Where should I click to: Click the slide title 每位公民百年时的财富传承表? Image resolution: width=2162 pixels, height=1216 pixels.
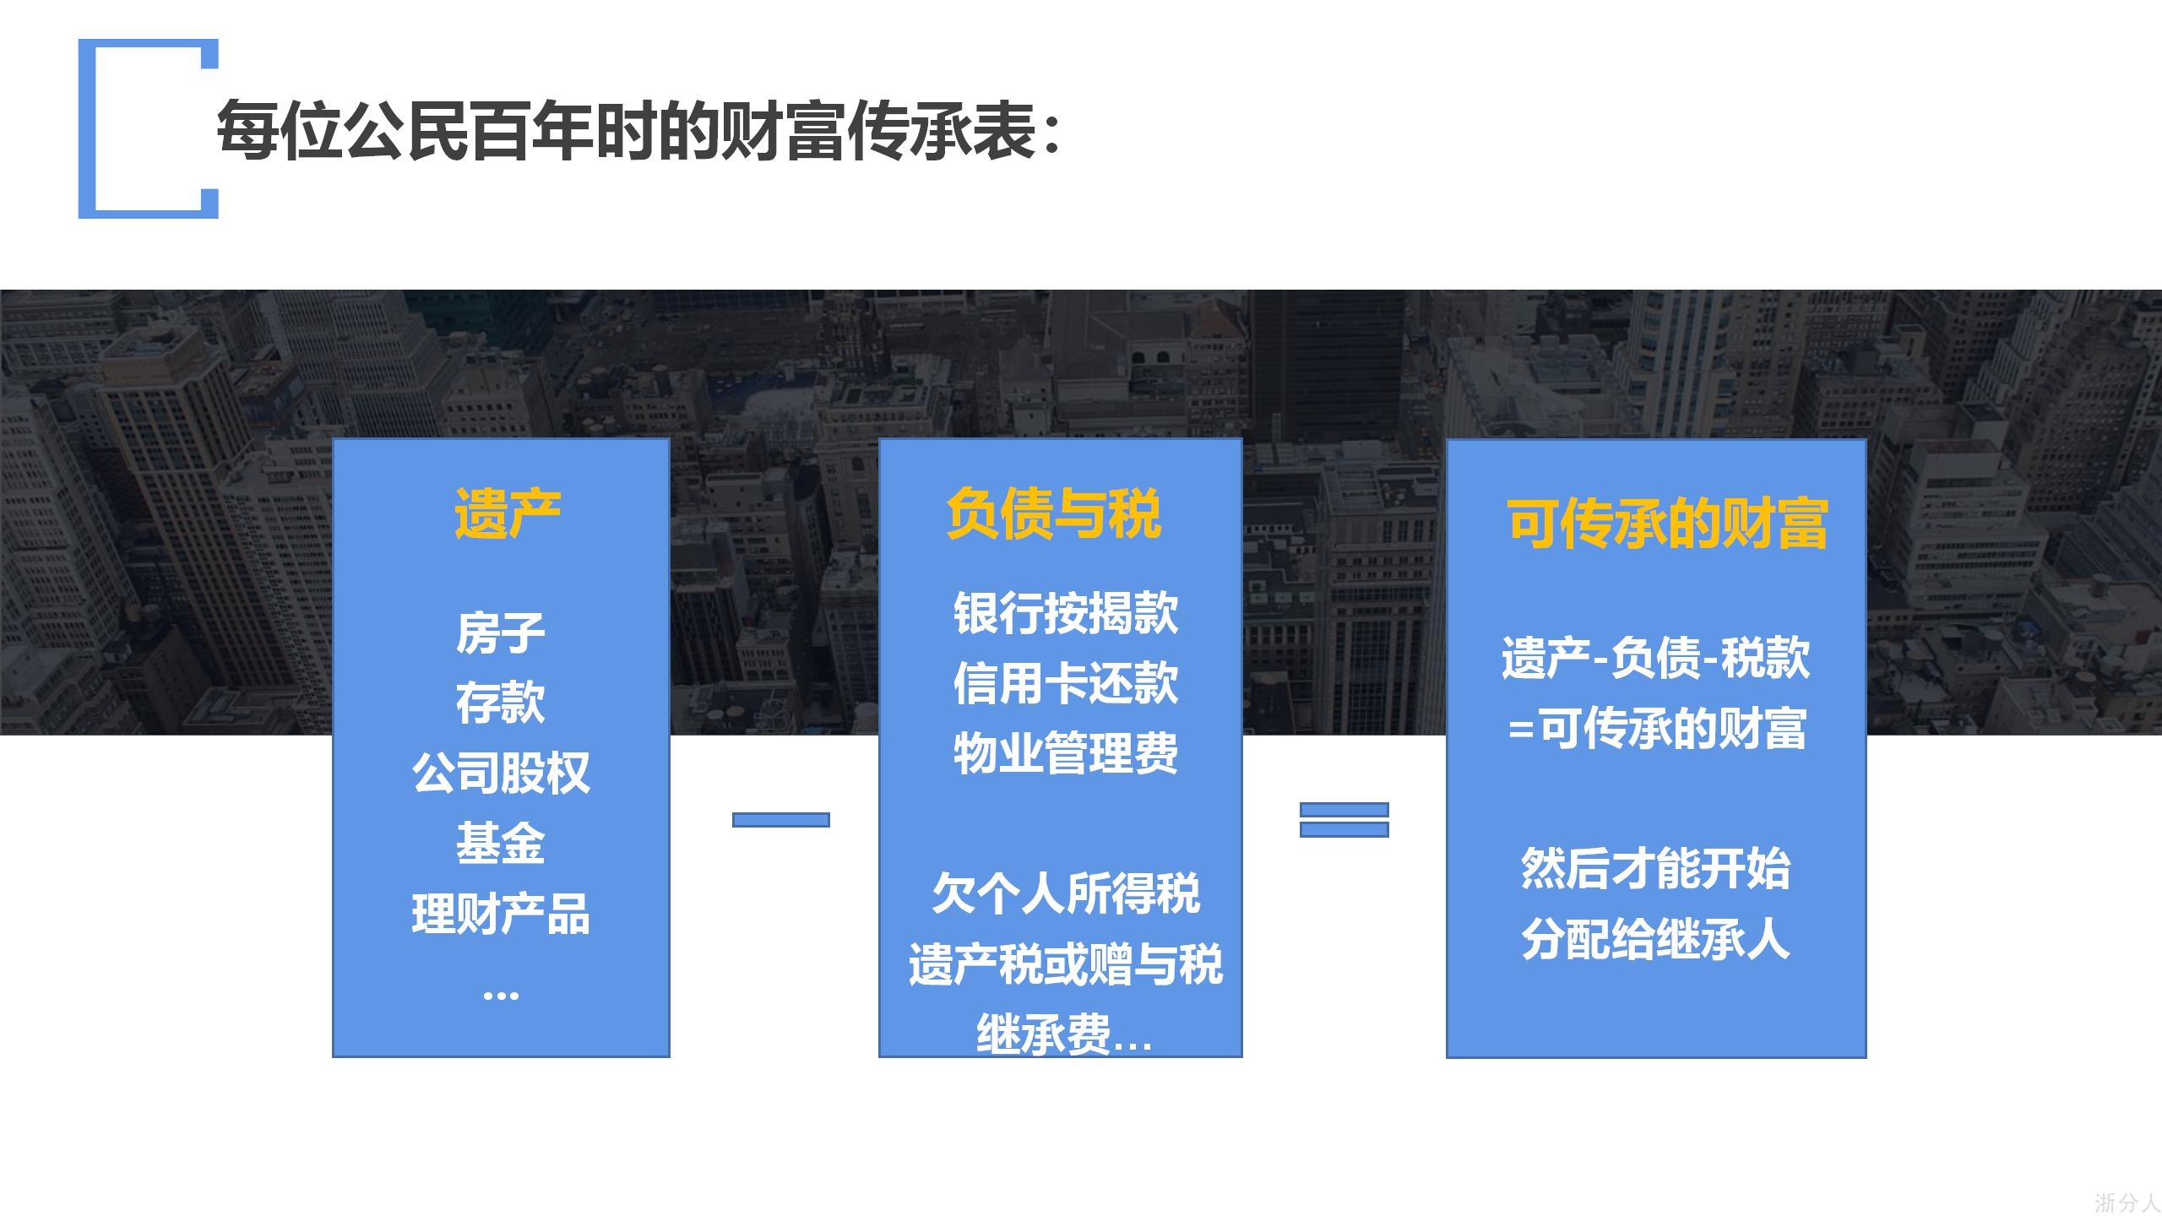[626, 132]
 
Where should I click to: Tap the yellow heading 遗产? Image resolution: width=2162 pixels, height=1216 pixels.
[508, 513]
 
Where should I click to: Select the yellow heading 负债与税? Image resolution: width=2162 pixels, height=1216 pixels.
[1054, 513]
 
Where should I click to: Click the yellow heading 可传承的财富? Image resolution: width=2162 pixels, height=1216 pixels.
[1667, 524]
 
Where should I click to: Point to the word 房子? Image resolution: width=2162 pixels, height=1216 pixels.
[501, 632]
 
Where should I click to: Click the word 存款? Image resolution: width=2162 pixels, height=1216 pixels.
[501, 703]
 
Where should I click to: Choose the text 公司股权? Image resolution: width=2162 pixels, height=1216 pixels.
[501, 773]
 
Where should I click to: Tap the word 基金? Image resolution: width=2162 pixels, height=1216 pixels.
[501, 843]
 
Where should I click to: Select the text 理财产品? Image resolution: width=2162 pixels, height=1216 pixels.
[501, 914]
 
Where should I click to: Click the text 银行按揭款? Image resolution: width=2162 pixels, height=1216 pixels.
[1066, 612]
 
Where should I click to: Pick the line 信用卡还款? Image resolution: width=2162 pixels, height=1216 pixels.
[1066, 682]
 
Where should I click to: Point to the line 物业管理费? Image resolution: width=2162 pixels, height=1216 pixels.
[1066, 752]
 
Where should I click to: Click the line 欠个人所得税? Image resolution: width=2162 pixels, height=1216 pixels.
[1066, 893]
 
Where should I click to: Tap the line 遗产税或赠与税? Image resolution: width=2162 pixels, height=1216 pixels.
[1066, 964]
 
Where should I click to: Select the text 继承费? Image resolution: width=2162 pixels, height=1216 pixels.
[1044, 1034]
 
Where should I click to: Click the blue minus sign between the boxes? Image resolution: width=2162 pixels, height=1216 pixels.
[781, 820]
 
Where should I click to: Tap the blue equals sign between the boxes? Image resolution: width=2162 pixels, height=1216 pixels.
[1344, 820]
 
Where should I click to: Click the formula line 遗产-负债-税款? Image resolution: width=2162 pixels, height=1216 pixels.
[1655, 657]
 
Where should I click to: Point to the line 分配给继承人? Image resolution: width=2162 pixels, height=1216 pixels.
[1655, 938]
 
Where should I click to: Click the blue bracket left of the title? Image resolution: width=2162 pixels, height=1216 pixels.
[87, 128]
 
